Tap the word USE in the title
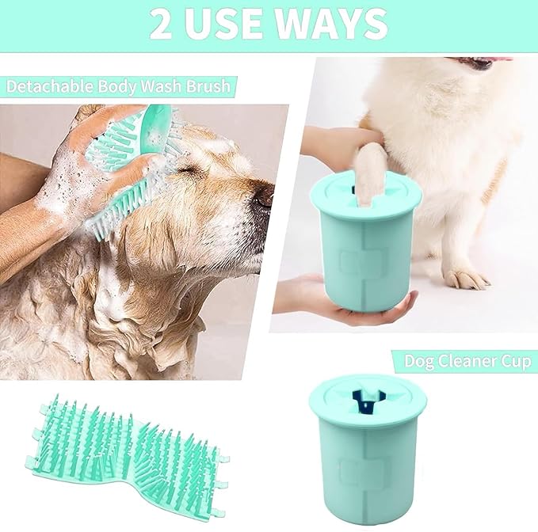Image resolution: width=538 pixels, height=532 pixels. [232, 25]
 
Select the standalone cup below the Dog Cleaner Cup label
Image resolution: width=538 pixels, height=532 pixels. [367, 447]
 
